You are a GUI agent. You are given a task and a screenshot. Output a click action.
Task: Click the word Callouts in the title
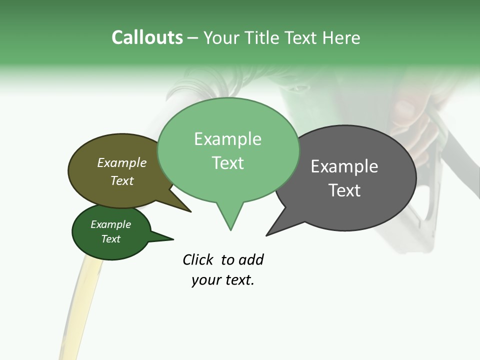147,38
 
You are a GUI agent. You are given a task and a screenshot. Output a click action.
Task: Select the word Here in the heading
341,38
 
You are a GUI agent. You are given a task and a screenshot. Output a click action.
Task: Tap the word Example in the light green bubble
227,139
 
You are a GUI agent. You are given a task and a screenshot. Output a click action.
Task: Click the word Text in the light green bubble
227,163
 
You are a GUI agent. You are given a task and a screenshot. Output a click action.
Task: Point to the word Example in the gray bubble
344,166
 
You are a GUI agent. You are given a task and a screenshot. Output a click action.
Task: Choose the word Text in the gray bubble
344,190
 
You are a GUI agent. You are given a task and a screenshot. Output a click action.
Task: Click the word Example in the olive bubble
122,162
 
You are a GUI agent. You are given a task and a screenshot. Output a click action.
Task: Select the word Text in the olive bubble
122,180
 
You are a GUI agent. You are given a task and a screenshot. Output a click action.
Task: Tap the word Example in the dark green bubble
110,224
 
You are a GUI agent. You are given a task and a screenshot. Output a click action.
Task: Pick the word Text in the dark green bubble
110,239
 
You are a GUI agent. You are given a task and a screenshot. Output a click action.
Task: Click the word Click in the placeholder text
199,259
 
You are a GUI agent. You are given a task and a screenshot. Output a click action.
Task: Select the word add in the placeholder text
251,259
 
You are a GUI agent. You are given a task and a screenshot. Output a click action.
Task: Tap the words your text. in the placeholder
222,280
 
